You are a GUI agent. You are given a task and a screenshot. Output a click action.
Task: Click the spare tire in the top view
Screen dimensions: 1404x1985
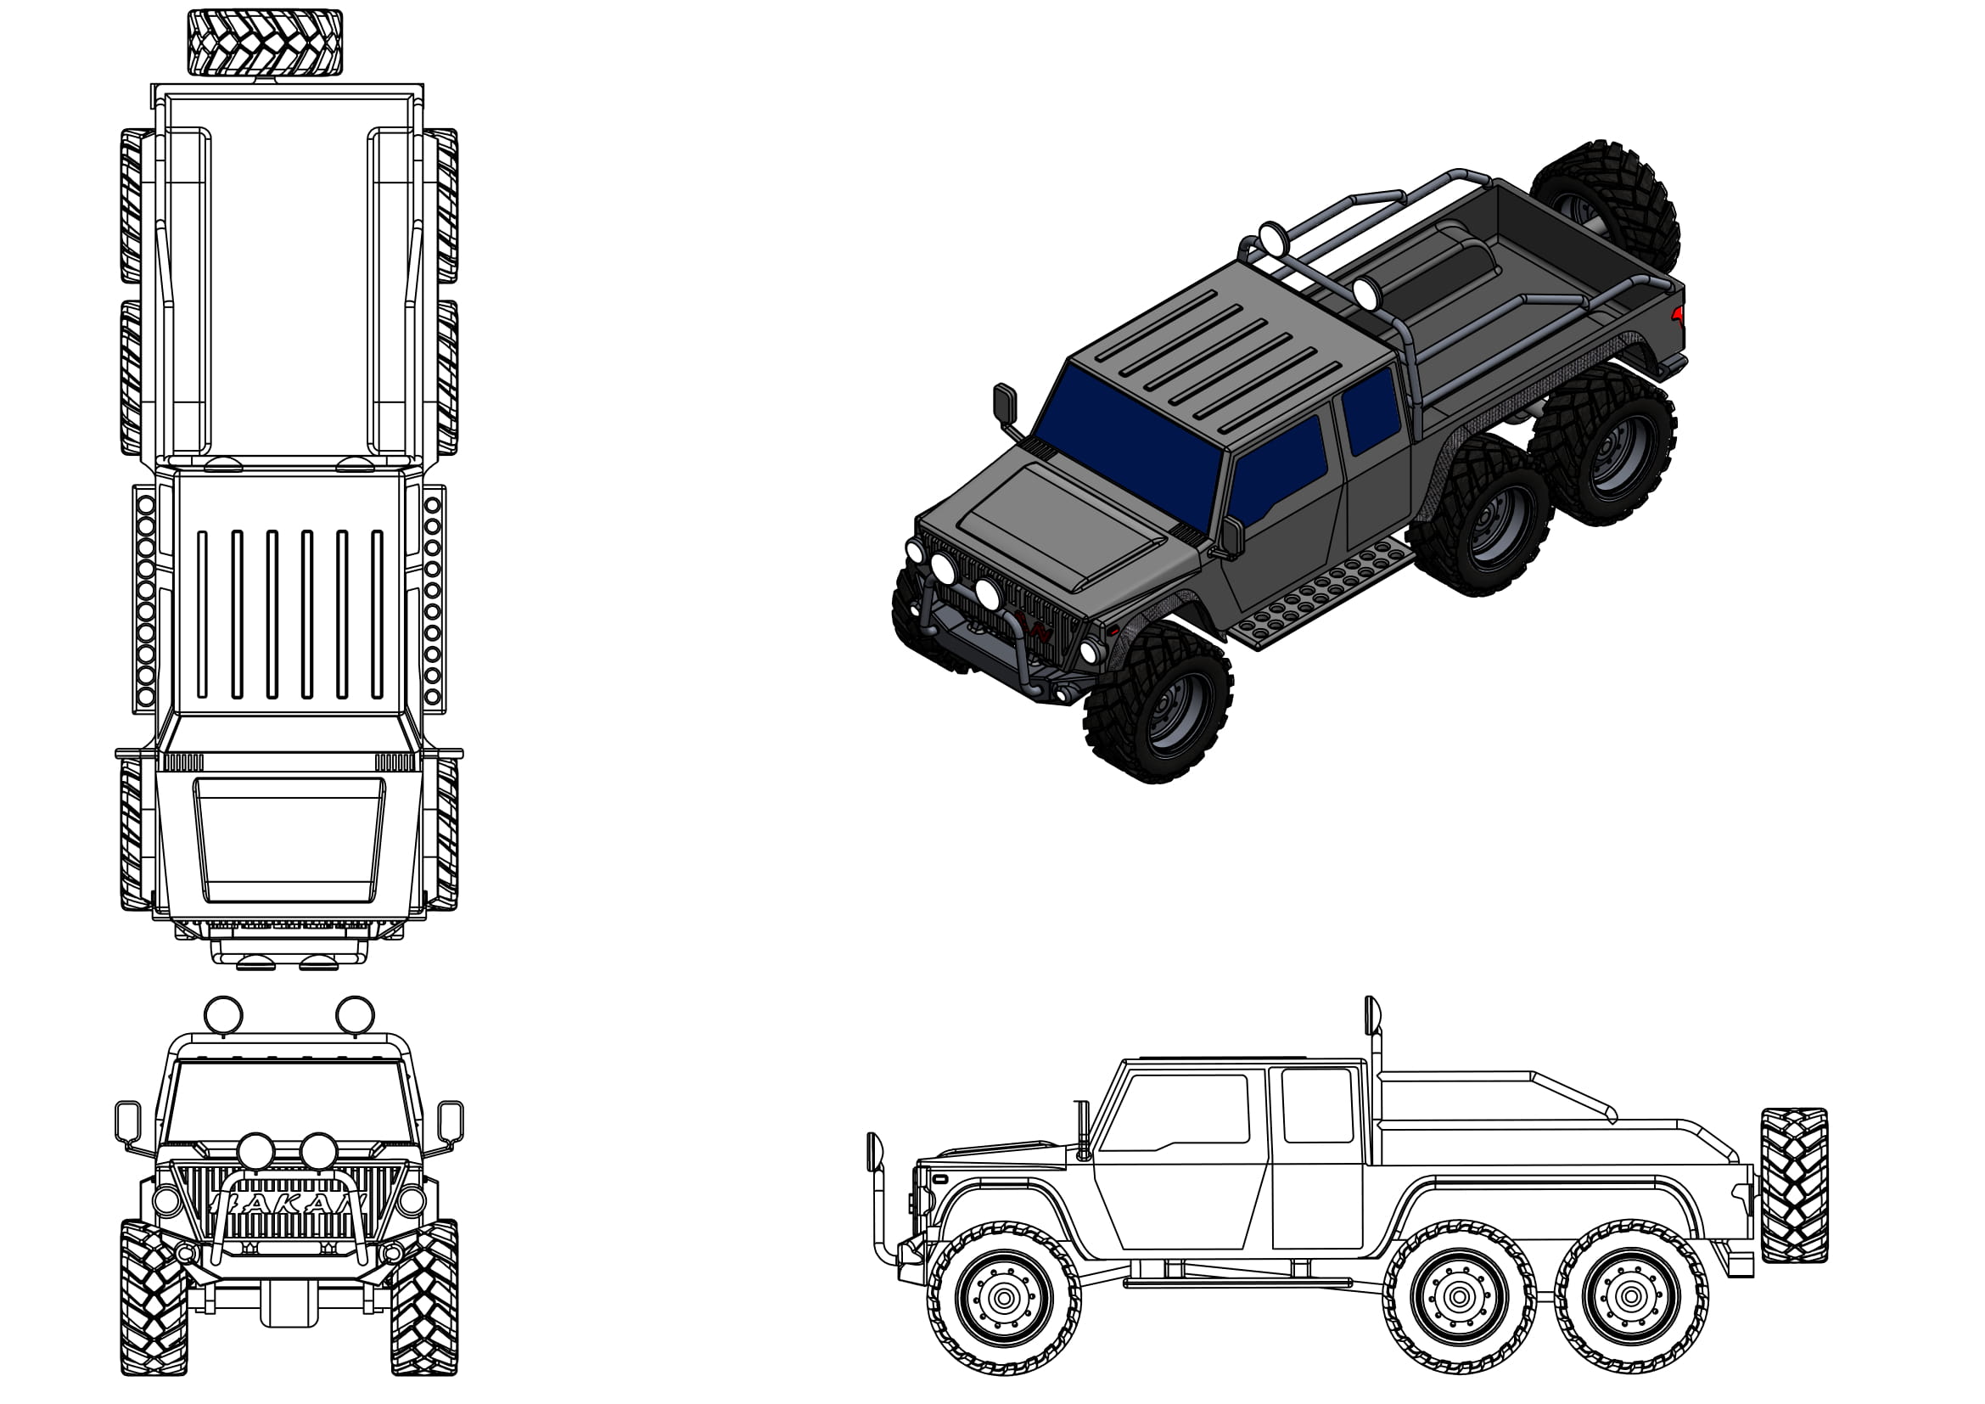coord(265,43)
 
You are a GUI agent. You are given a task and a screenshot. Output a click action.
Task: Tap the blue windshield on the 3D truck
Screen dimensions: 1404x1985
coord(1128,446)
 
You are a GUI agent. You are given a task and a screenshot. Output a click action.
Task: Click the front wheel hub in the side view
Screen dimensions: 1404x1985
coord(1004,1296)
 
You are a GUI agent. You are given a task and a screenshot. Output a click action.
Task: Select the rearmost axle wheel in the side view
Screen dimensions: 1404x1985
coord(1630,1296)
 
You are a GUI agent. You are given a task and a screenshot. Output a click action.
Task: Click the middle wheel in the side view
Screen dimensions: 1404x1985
coord(1460,1296)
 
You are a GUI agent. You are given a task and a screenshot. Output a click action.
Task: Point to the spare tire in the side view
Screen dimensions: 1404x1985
coord(1794,1184)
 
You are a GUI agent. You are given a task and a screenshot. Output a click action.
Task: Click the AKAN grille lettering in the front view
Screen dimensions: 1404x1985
coord(289,1202)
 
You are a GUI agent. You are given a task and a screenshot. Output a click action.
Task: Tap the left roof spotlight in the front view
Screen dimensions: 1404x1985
coord(222,1014)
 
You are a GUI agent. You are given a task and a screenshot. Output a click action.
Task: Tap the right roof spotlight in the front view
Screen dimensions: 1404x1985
coord(355,1014)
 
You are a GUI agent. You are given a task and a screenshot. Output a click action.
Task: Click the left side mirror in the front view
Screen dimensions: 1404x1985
coord(128,1121)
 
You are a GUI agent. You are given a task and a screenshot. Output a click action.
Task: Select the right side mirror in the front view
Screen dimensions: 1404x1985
coord(451,1121)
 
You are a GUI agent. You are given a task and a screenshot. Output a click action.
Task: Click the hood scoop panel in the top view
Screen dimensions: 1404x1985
coord(289,839)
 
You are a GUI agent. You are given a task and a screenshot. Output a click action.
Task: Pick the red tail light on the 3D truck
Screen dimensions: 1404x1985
coord(1677,314)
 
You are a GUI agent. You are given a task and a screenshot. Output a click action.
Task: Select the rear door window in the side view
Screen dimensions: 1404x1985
coord(1317,1104)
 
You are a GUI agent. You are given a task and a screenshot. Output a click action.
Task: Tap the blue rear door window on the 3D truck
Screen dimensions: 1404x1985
coord(1371,411)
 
